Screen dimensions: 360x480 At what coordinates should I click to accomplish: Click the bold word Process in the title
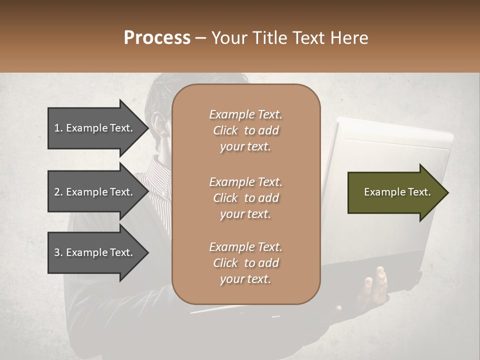pos(157,38)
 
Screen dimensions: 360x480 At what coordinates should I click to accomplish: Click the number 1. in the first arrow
pos(58,128)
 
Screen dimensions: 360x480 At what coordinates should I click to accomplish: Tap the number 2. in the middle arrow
pos(58,192)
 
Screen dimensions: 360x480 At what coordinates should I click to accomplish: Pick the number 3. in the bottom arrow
pos(58,252)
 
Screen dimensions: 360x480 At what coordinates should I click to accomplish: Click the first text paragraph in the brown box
pos(245,130)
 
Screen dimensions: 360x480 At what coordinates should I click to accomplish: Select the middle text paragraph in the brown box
pos(245,197)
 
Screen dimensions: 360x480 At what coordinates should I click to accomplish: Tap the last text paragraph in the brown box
pos(245,263)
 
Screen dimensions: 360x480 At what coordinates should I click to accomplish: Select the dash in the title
pos(200,38)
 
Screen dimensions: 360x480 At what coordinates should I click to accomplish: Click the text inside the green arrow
pos(397,192)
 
